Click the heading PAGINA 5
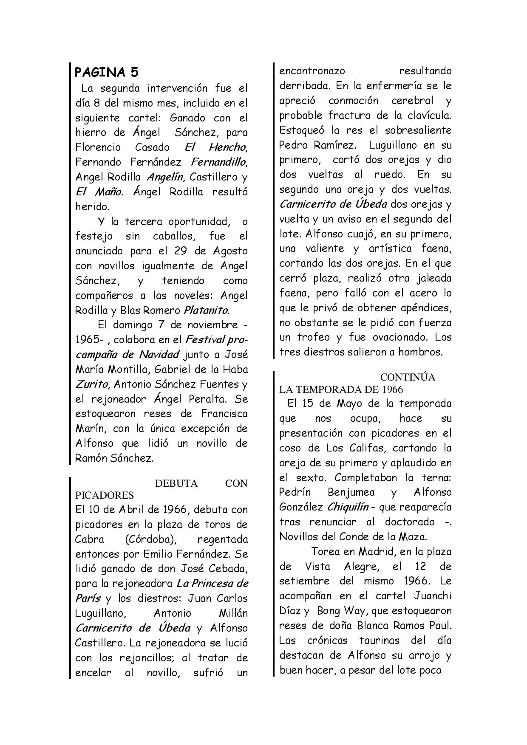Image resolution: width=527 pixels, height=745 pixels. click(107, 72)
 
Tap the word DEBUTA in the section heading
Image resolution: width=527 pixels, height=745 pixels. click(176, 483)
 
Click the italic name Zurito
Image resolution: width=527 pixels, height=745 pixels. click(93, 384)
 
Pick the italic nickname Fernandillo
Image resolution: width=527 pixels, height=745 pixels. click(219, 162)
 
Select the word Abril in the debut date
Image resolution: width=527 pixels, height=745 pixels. click(118, 510)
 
